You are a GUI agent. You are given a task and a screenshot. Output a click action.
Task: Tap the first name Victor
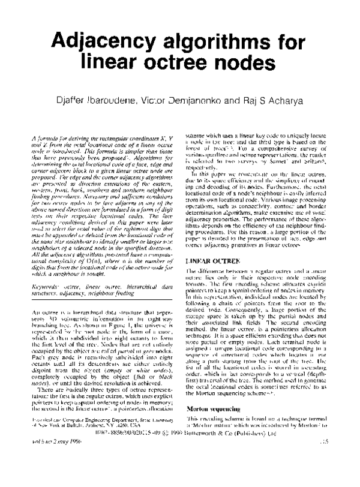tap(170, 98)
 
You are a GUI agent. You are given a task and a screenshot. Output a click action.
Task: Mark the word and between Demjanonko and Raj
tap(244, 98)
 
